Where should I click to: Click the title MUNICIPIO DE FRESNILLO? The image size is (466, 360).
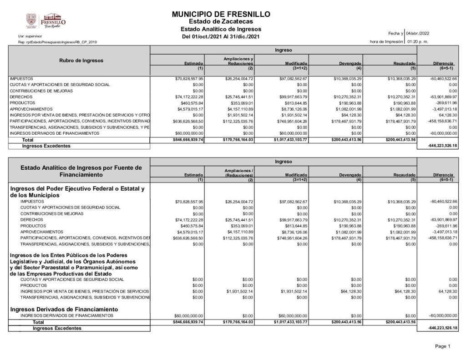click(x=221, y=15)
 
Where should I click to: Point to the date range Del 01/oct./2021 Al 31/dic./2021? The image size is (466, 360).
click(x=221, y=36)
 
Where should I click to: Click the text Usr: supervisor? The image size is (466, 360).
click(x=26, y=35)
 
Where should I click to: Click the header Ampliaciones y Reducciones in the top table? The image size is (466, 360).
click(x=238, y=61)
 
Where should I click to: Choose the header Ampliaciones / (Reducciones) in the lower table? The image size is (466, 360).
click(x=238, y=172)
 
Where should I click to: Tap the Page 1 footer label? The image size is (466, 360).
click(x=442, y=346)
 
